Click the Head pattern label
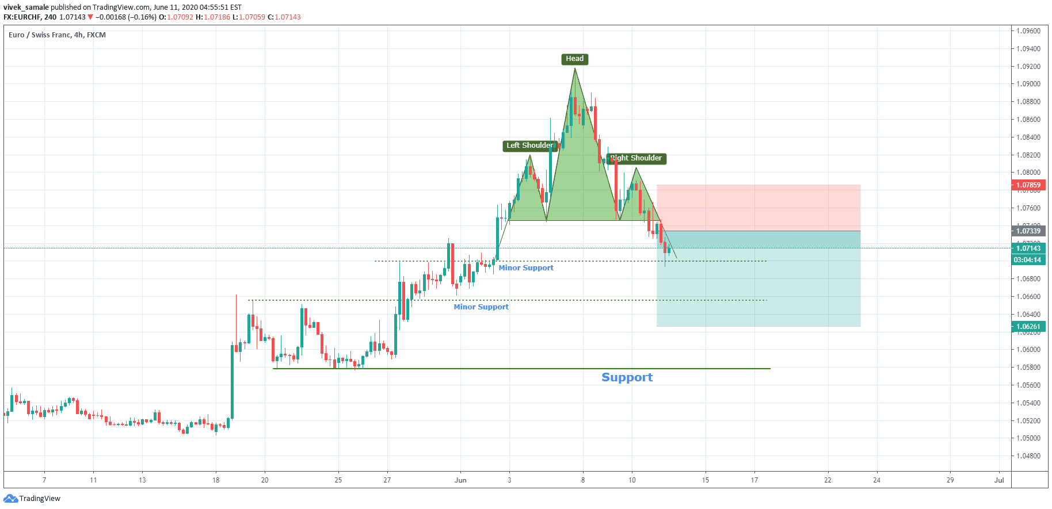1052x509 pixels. (574, 59)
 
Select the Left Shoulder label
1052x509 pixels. (529, 146)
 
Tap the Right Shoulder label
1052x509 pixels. (636, 158)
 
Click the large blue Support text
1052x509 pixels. (627, 377)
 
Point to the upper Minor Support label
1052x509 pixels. (526, 268)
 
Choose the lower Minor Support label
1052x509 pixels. (481, 307)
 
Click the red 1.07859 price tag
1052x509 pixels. (1028, 185)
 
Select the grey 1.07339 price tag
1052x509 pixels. (1028, 231)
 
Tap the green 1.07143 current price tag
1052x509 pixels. (1028, 248)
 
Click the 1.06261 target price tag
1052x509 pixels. (1028, 327)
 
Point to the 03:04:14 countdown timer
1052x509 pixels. (1028, 260)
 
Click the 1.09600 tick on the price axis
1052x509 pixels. (1028, 31)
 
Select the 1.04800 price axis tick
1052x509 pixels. (1028, 456)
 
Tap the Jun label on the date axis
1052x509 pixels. (460, 480)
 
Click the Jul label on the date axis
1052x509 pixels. (999, 480)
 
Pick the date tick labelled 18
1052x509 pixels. (216, 480)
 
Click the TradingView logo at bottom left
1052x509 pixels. (32, 499)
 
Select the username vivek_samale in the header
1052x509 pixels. (26, 7)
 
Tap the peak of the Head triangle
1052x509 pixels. (574, 68)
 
